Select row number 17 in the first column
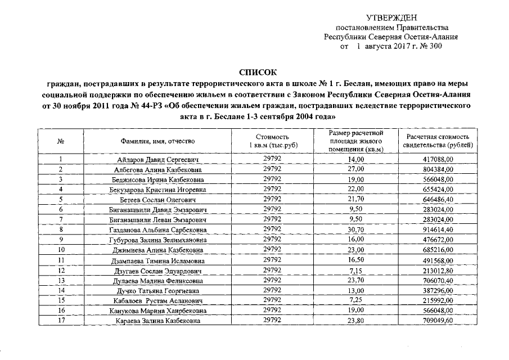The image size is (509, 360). pos(61,321)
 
